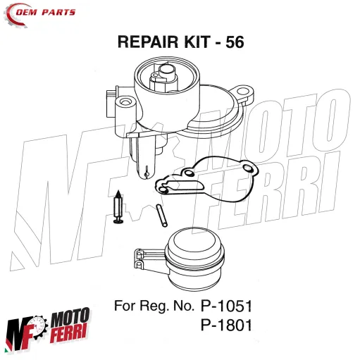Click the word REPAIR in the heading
[x=147, y=43]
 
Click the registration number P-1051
[x=226, y=308]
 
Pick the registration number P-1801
[x=226, y=327]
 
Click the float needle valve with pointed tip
[x=118, y=208]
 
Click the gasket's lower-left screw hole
[x=162, y=188]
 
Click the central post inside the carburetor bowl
[x=169, y=73]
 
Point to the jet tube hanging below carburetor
[x=145, y=160]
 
